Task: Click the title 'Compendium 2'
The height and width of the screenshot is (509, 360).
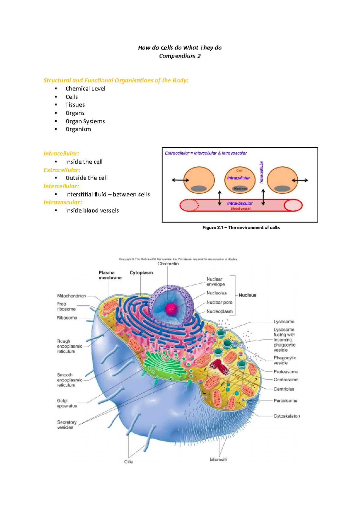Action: pos(180,56)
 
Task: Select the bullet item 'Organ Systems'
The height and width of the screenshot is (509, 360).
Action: pos(85,121)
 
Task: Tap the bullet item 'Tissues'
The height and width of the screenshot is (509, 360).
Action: pos(75,105)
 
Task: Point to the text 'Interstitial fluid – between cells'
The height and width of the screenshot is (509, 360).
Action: pos(107,194)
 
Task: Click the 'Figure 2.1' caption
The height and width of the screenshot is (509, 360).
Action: pos(241,228)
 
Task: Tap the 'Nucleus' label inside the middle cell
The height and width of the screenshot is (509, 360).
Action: pos(240,189)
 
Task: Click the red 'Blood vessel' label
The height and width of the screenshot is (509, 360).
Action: pos(240,209)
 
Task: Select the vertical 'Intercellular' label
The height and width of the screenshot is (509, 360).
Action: pos(261,172)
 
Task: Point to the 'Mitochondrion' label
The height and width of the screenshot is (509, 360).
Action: pos(71,296)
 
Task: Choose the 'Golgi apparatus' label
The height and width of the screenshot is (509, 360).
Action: pos(67,403)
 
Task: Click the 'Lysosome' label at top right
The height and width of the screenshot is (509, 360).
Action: pos(284,322)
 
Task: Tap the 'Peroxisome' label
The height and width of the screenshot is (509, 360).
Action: pos(285,400)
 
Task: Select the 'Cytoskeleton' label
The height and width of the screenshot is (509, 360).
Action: pos(286,416)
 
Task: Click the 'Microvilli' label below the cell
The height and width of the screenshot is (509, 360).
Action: pos(218,460)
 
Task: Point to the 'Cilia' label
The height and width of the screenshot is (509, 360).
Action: pos(129,462)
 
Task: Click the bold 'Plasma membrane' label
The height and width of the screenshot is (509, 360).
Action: pos(110,275)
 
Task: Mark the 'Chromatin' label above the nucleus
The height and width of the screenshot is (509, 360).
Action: pos(168,264)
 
